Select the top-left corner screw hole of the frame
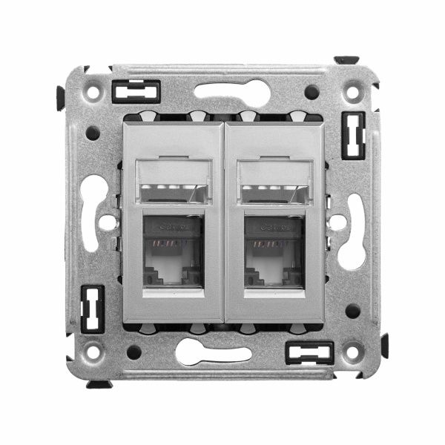tap(93, 93)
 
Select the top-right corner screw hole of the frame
tap(352, 93)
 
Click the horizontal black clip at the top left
tap(136, 91)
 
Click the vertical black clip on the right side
tap(353, 136)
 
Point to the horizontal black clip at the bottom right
tap(309, 352)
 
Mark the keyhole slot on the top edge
tap(232, 92)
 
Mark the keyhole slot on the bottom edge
tap(214, 352)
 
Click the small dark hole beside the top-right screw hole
tap(312, 92)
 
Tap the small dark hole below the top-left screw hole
tap(93, 133)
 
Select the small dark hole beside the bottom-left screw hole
tap(134, 352)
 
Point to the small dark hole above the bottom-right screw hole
tap(353, 310)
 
